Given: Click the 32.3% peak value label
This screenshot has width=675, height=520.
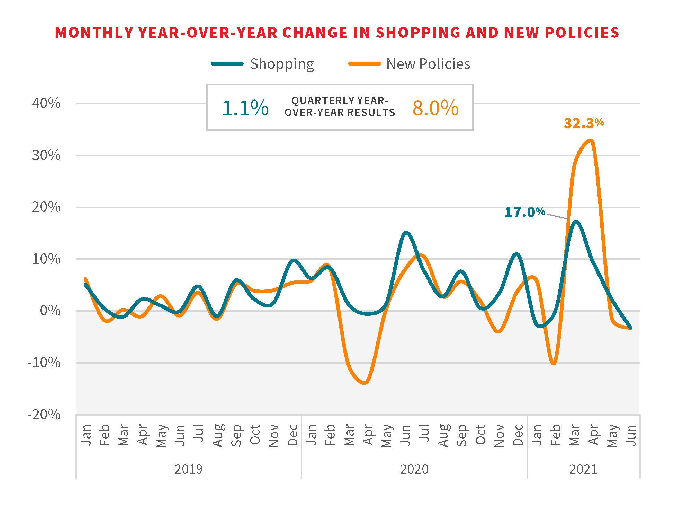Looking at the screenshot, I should tap(584, 123).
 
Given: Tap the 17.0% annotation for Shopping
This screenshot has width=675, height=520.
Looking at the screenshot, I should tap(524, 213).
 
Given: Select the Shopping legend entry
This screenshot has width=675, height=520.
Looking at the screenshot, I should tap(263, 64).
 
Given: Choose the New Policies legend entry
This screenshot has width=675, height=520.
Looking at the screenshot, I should tap(409, 64).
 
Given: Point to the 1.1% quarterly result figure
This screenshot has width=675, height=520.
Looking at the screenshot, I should tap(245, 108).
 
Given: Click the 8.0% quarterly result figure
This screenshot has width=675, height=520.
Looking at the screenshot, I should tap(435, 108).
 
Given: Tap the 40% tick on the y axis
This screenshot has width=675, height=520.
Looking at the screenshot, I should tap(46, 103).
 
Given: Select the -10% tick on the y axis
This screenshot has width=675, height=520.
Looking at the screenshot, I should tap(44, 363).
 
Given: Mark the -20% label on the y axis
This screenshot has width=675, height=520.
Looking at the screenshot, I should tap(44, 415).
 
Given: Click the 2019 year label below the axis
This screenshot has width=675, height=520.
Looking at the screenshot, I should tap(188, 469).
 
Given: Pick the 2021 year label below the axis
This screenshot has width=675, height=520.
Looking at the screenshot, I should tap(583, 469).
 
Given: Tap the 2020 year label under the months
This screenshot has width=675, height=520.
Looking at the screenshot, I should tap(414, 469).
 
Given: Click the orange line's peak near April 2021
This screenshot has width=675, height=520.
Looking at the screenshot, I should tap(591, 140).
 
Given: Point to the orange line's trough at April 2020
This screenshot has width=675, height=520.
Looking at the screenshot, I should tap(365, 383).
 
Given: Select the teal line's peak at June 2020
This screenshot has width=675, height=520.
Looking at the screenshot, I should tap(406, 233).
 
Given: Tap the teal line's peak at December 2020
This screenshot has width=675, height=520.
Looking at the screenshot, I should tap(516, 254).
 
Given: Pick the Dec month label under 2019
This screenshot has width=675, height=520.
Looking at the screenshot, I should tap(293, 435).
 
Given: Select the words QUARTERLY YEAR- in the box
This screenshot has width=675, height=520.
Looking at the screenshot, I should tap(340, 101).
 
